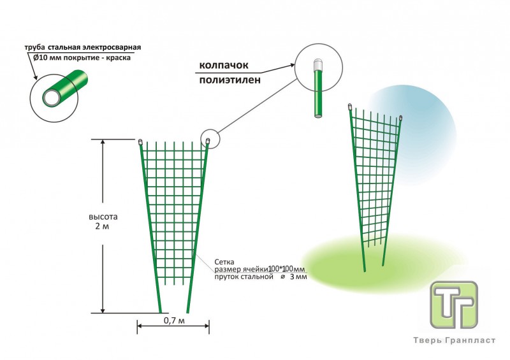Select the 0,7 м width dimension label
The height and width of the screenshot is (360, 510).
click(173, 319)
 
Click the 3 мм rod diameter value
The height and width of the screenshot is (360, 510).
click(298, 277)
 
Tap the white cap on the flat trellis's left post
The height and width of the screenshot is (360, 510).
click(140, 141)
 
